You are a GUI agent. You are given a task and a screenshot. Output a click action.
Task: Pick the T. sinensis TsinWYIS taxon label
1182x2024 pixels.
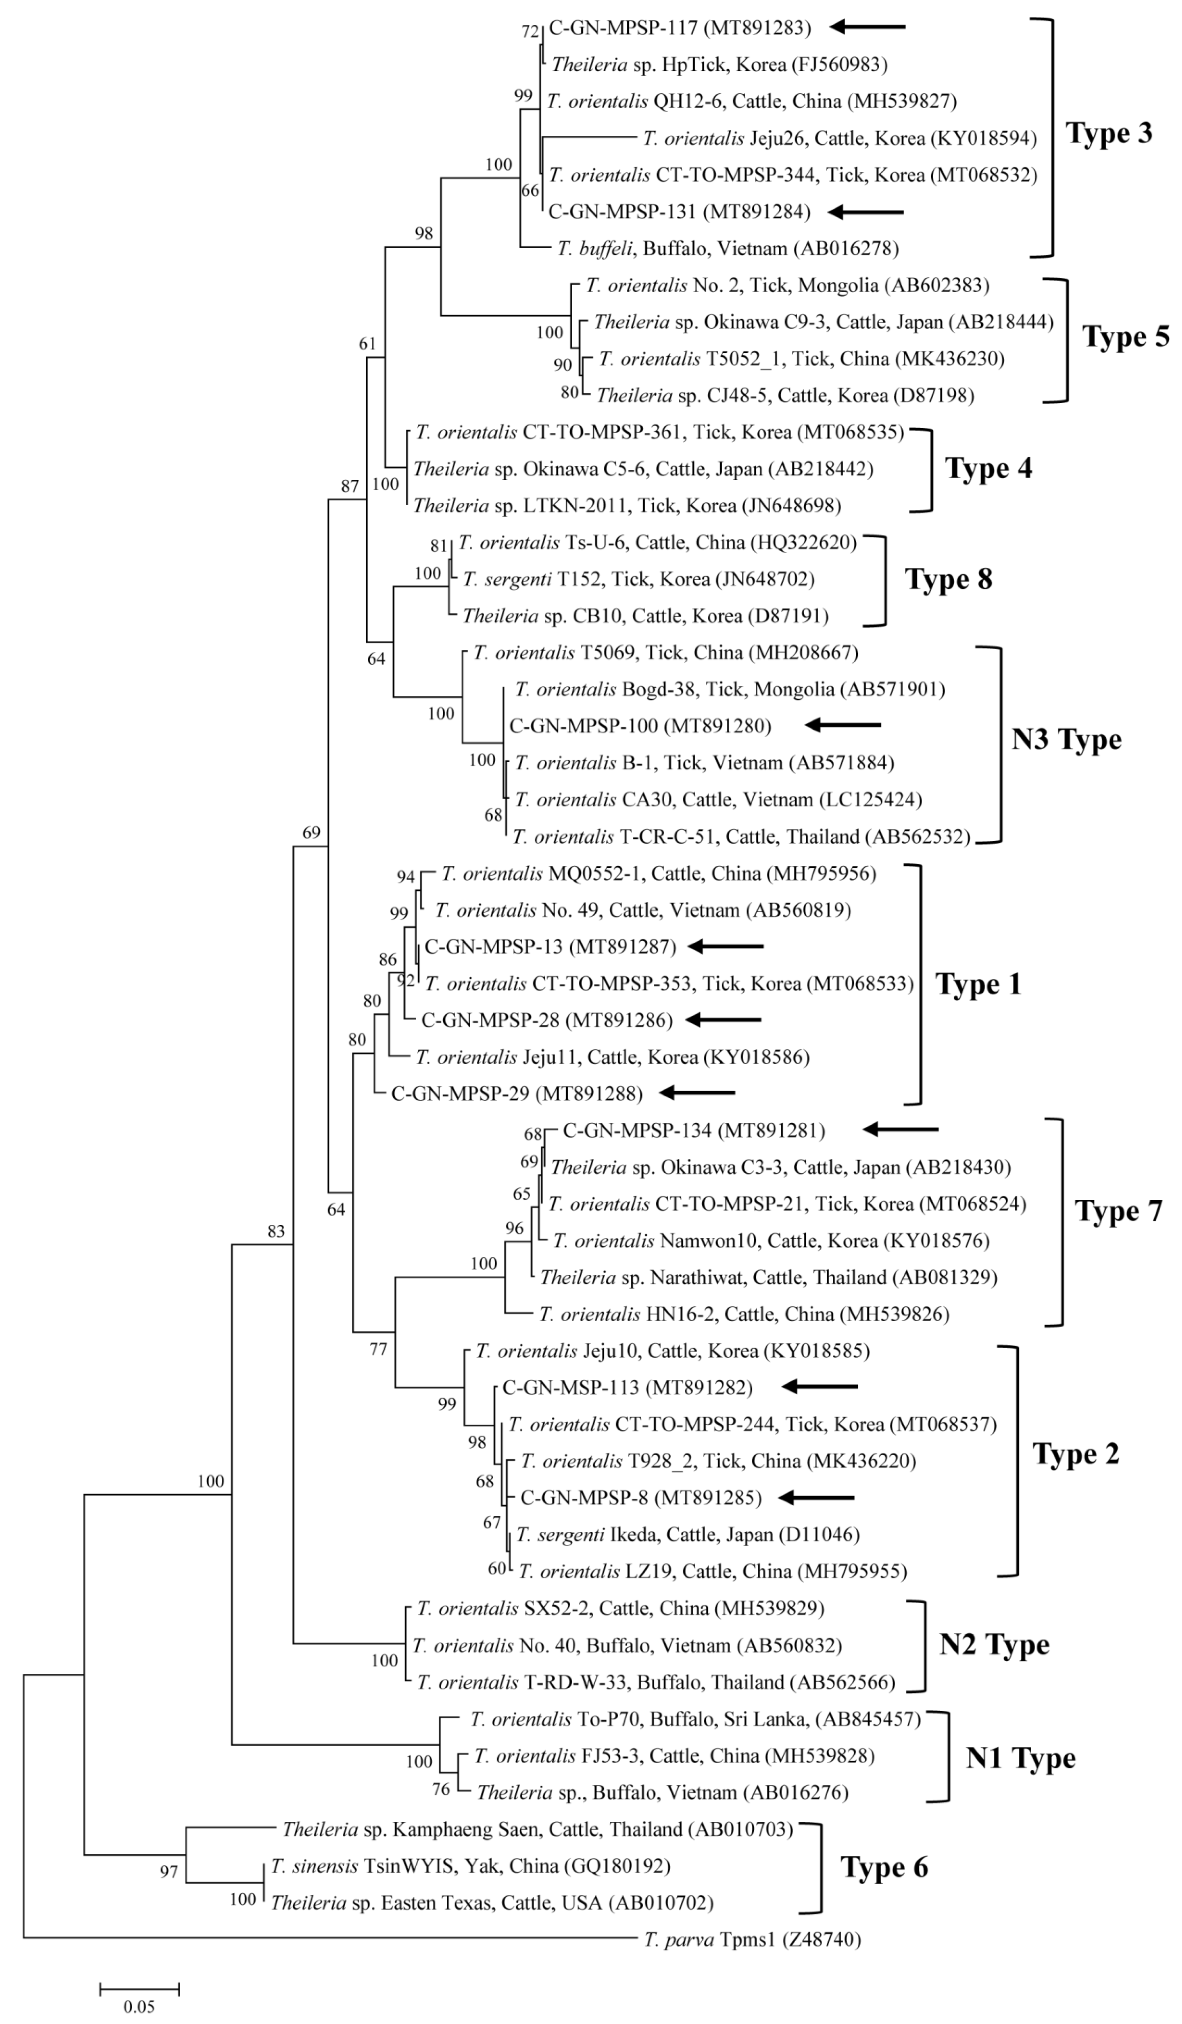[470, 1866]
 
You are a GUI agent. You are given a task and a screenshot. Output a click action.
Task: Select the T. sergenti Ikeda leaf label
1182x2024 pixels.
[687, 1535]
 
